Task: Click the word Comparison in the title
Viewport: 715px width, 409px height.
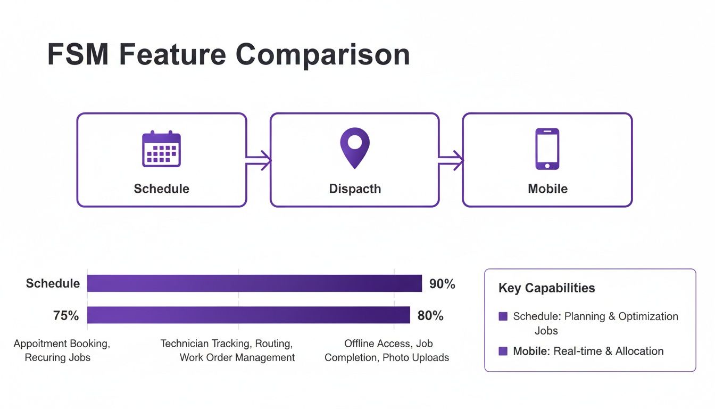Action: pos(322,54)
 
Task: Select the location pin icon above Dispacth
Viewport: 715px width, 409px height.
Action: pos(354,148)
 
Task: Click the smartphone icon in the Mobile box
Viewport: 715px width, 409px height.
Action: pos(547,149)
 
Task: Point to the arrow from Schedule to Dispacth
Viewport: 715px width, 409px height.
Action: pos(259,160)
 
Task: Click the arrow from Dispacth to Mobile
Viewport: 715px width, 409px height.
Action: pos(451,160)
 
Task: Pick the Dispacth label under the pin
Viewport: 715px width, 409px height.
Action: pos(355,189)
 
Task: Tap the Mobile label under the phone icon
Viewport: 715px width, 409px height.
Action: pos(547,189)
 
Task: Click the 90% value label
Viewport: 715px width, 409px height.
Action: pos(442,284)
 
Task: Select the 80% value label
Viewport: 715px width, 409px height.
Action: pos(430,316)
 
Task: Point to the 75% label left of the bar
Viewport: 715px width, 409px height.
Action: pos(66,316)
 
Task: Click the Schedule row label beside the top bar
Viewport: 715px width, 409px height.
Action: pos(53,284)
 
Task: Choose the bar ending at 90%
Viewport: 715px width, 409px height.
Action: pos(254,283)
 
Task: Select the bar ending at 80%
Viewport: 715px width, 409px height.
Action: pos(248,315)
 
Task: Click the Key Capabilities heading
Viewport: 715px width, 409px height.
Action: pos(546,288)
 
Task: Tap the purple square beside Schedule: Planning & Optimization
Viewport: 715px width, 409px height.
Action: pos(503,316)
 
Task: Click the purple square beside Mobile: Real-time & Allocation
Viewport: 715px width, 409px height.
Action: pos(503,351)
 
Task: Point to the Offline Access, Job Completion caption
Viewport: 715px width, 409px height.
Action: pos(387,350)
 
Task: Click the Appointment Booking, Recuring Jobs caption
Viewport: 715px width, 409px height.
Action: pos(61,350)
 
